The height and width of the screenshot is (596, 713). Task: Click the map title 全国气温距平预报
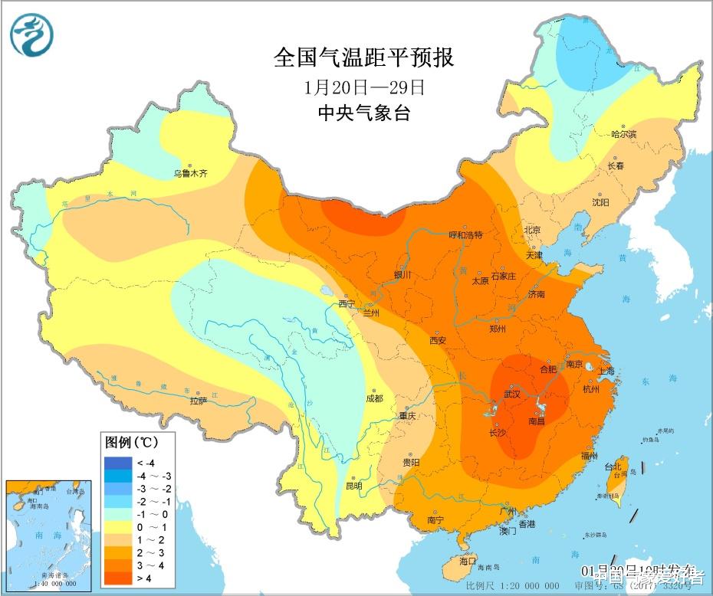363,57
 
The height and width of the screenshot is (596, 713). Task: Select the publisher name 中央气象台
363,113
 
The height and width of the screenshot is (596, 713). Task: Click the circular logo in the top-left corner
31,35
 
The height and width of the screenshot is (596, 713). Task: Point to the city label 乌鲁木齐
190,174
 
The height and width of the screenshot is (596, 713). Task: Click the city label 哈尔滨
623,134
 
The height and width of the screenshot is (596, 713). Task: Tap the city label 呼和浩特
466,235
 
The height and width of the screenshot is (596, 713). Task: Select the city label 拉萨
199,400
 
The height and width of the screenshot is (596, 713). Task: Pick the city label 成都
374,398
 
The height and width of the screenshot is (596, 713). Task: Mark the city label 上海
606,371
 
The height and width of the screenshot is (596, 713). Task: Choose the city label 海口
468,561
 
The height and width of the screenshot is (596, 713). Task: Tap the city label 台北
613,466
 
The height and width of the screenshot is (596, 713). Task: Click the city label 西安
438,340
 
